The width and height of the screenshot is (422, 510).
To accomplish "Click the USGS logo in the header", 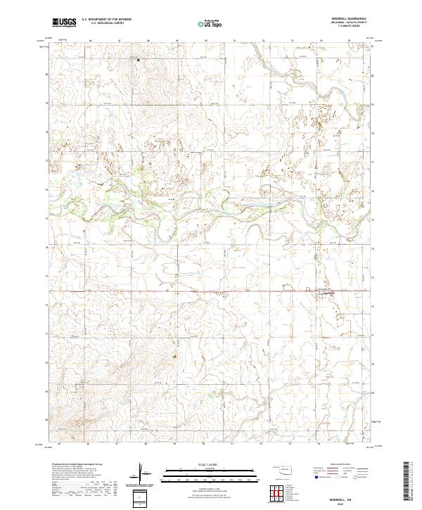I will tap(64, 23).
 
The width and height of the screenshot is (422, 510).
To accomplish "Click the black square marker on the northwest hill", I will tap(138, 60).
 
